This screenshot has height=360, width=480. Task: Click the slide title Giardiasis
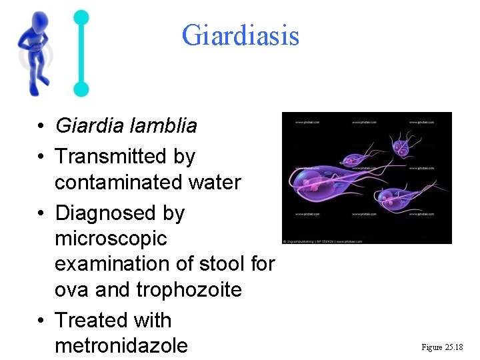240,35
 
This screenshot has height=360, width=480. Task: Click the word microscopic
111,238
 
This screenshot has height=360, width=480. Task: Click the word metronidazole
121,346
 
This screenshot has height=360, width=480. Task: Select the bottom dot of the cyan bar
81,89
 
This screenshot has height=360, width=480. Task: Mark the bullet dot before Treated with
41,321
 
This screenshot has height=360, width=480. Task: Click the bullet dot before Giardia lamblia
41,126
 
